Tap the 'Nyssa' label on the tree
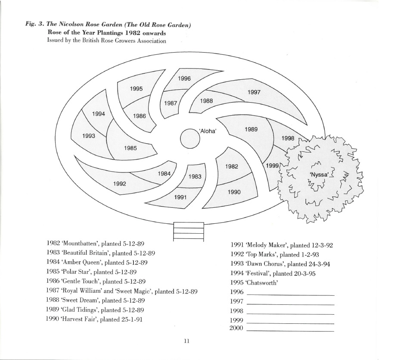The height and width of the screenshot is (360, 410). point(320,175)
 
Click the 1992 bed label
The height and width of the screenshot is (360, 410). point(119,183)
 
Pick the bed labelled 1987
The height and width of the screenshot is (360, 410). point(171,103)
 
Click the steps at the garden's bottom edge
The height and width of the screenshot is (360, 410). point(188,232)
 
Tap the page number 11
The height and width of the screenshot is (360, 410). point(186,341)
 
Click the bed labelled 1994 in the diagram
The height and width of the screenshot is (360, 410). point(99,114)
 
